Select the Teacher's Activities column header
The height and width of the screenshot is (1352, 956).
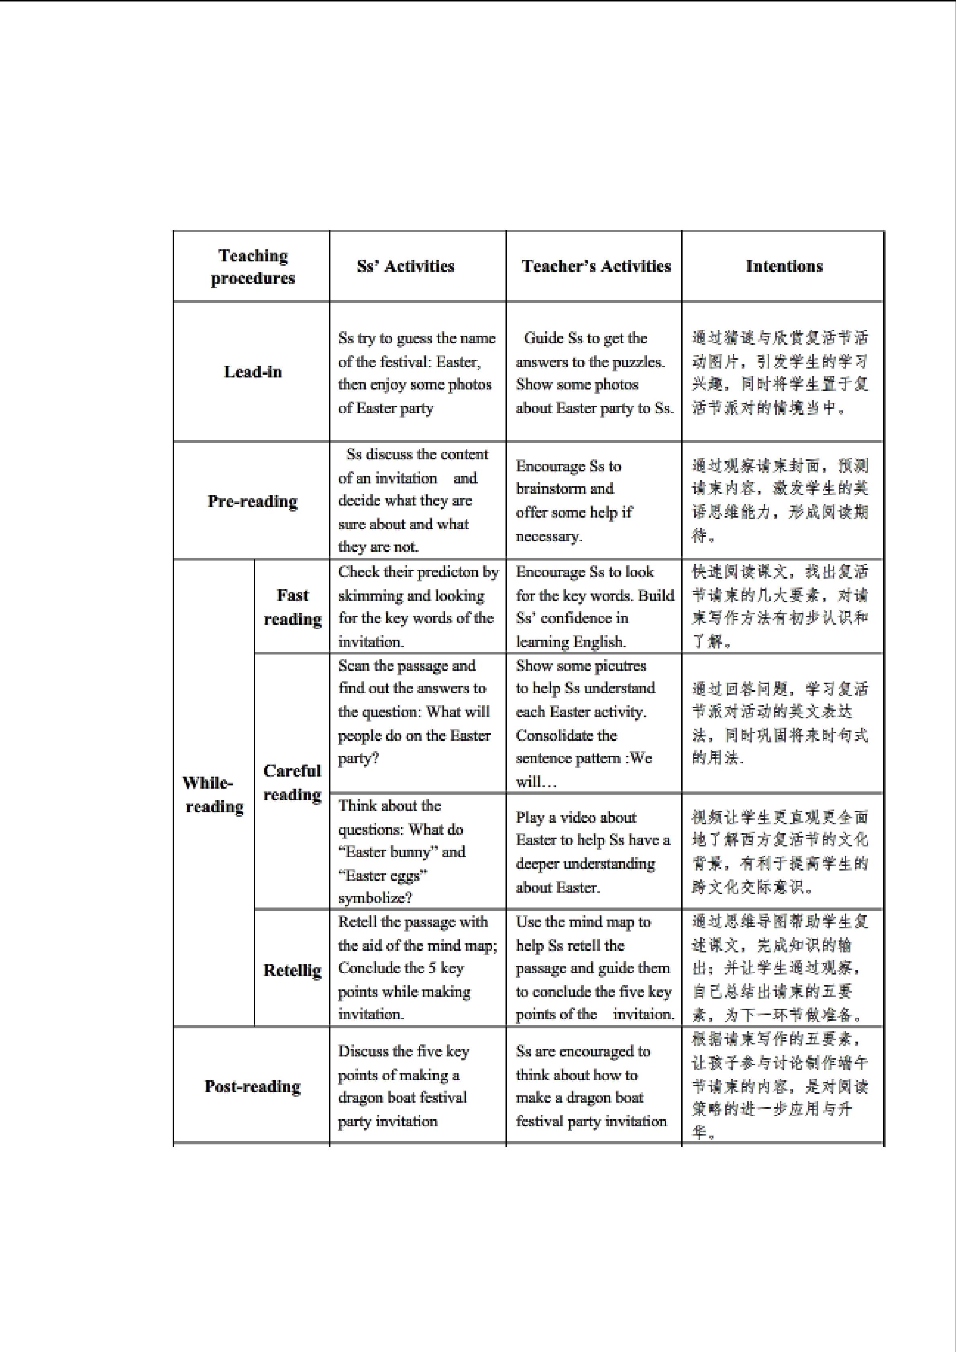596,266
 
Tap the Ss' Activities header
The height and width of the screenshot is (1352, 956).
406,266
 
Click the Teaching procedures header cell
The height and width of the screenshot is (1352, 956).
253,267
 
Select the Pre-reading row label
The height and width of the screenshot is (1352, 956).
253,501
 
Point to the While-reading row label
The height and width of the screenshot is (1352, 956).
214,794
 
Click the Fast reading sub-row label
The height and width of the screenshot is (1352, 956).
293,606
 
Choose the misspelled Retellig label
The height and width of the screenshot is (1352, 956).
293,970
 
